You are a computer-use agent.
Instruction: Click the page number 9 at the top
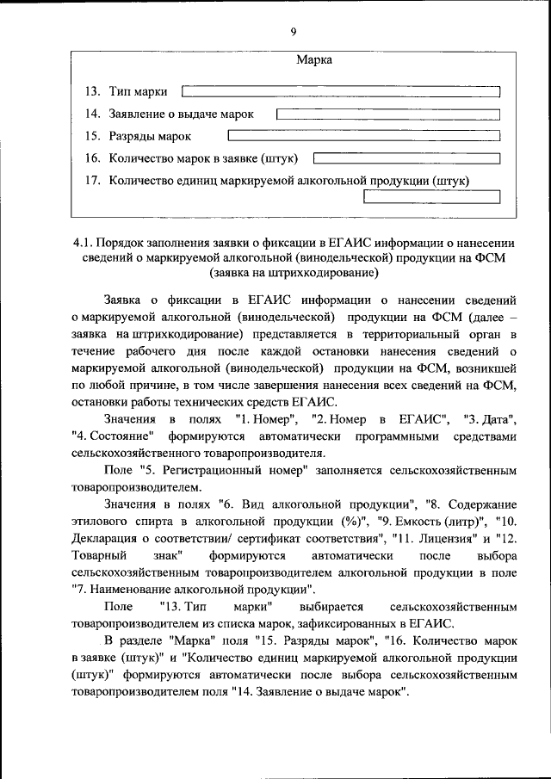(293, 32)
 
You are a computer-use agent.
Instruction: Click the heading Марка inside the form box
(314, 60)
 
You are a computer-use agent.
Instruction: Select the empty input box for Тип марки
(342, 91)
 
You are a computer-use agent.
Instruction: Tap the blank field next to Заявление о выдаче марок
(388, 114)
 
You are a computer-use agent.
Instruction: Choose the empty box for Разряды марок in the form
(363, 136)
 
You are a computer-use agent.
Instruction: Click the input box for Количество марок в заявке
(406, 158)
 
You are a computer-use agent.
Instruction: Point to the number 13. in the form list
(92, 91)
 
